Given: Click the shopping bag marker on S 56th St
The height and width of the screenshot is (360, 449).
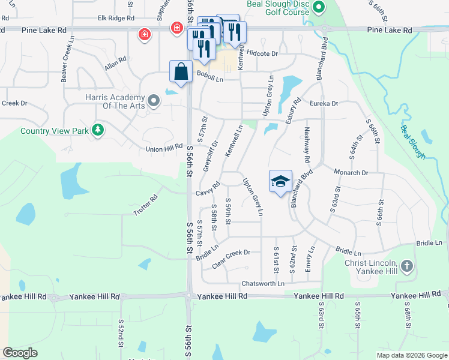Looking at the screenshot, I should [181, 71].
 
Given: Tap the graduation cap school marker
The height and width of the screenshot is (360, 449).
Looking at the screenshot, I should [280, 181].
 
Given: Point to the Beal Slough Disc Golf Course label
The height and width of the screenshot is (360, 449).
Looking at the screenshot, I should [278, 8].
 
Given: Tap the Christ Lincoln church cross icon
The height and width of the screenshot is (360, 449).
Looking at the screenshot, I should [407, 265].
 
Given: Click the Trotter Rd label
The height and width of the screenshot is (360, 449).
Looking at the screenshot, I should [145, 204].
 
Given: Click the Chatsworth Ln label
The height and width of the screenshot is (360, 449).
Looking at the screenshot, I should [263, 283].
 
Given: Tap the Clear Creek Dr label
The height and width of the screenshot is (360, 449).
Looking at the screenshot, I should [231, 253].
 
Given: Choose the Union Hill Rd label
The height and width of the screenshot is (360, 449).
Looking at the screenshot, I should [164, 147].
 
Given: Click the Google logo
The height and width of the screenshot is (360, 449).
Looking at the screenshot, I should [20, 353].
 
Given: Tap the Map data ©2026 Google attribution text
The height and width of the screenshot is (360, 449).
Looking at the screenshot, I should [411, 355].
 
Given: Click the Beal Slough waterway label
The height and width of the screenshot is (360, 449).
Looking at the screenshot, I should [414, 142].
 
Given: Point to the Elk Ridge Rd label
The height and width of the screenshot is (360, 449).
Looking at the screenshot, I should [116, 19].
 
